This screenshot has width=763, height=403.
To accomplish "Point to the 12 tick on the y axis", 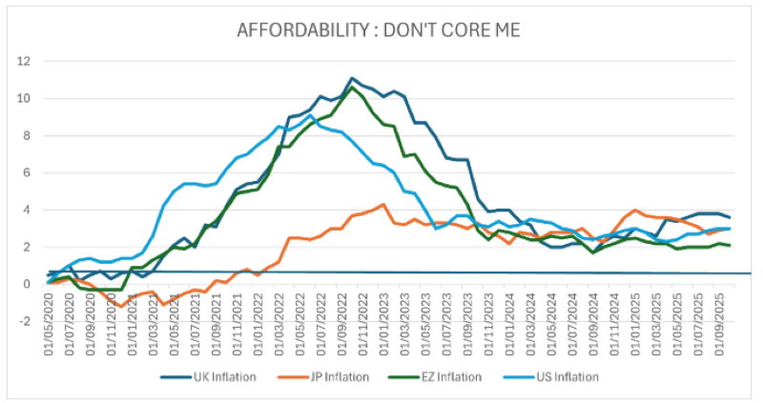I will [25, 61].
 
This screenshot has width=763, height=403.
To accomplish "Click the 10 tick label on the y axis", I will [25, 98].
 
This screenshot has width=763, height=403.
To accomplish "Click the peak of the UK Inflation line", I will [352, 78].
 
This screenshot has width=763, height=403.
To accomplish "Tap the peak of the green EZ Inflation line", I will [353, 88].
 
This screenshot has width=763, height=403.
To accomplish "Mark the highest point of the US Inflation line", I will [310, 115].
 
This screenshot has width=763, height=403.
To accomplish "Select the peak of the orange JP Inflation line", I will [383, 204].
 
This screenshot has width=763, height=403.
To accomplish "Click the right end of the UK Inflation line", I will [731, 217].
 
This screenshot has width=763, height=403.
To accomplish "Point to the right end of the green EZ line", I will [731, 245].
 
